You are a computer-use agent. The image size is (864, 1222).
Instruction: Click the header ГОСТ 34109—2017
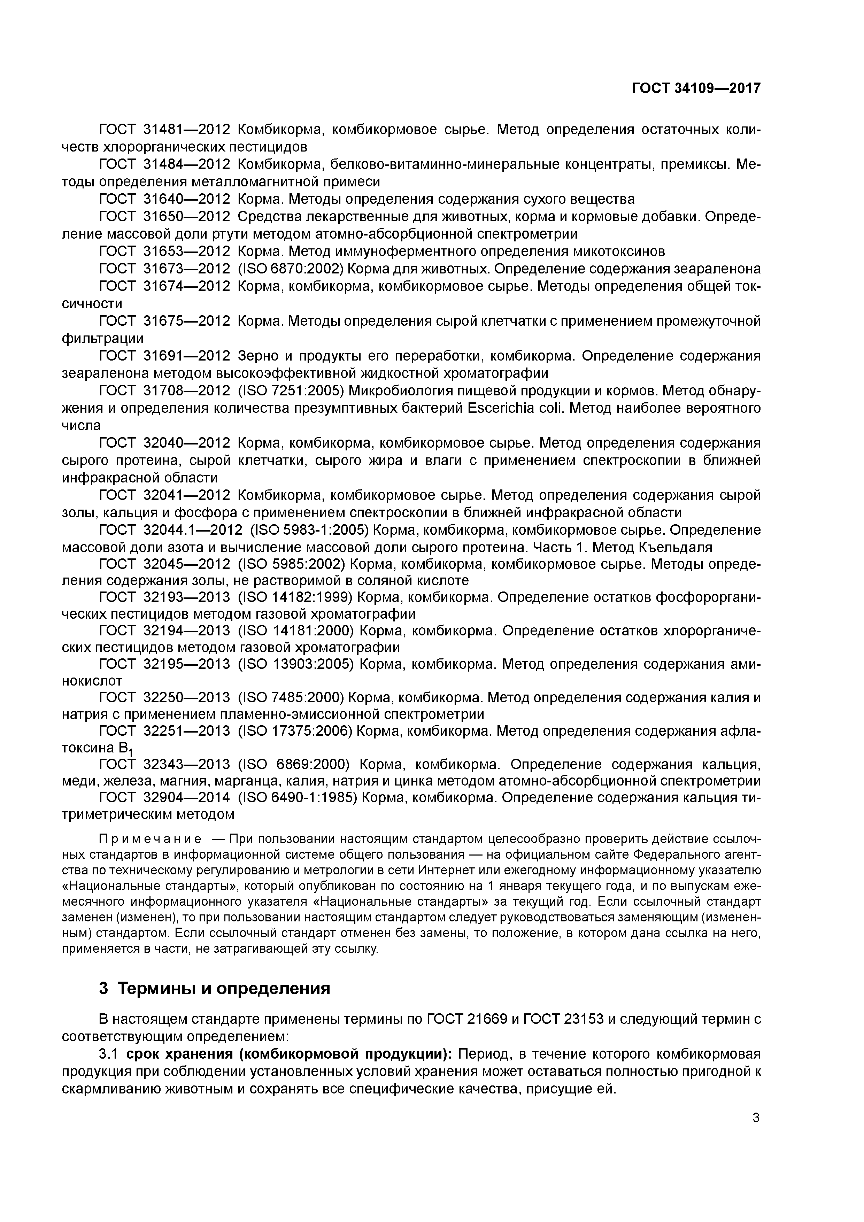coord(696,88)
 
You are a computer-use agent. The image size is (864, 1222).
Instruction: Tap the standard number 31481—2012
coord(186,129)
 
